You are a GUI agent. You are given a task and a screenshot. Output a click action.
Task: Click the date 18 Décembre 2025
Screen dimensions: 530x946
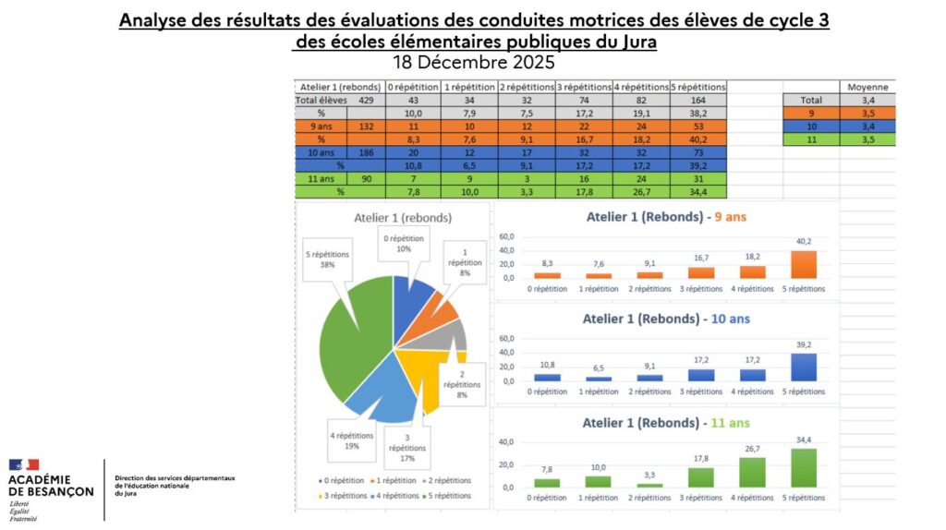[473, 63]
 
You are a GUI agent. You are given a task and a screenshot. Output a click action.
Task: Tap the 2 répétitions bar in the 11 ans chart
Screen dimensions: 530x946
[649, 485]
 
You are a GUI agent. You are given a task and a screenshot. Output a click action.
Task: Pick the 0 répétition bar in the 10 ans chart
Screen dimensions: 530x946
[547, 377]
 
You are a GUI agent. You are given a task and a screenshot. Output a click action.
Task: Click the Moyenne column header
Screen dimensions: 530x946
[867, 87]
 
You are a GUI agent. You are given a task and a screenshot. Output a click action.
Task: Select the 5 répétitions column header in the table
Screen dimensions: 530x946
[697, 87]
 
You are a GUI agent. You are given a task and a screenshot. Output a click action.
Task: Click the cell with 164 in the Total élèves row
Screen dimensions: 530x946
[697, 99]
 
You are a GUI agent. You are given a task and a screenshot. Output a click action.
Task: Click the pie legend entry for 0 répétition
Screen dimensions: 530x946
[343, 480]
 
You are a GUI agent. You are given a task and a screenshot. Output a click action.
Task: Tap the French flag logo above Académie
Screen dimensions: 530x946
[24, 464]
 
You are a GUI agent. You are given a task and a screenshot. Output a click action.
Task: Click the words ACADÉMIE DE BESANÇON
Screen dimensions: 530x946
[51, 486]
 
